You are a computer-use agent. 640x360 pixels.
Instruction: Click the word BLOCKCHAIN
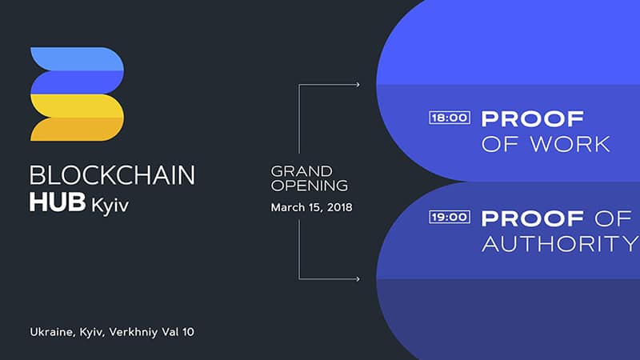point(112,175)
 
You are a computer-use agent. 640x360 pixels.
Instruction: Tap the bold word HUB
point(58,202)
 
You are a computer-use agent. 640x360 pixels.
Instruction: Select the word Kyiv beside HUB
point(110,205)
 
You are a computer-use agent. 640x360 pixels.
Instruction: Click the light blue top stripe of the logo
point(77,58)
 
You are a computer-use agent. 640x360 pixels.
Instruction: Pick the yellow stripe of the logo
point(77,106)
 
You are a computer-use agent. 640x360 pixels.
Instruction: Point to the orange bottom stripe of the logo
point(77,130)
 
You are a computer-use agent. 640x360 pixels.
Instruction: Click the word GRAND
point(302,171)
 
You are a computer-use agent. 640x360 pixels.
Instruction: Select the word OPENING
point(310,186)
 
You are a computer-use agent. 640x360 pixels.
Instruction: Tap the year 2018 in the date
point(339,207)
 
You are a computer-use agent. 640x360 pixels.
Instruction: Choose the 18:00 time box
point(450,118)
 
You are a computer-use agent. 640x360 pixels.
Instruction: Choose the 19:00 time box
point(450,217)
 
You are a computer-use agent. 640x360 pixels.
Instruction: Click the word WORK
point(570,145)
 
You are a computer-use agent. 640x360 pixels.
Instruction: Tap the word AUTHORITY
point(561,244)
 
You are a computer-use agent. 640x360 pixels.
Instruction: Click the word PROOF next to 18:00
point(533,118)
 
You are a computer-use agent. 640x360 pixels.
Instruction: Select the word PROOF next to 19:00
point(533,218)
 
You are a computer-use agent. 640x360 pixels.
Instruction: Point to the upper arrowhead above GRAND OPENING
point(358,85)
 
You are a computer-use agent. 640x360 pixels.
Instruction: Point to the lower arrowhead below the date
point(358,279)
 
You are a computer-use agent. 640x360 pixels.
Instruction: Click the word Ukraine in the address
point(52,332)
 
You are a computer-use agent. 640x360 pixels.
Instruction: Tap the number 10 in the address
point(188,332)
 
